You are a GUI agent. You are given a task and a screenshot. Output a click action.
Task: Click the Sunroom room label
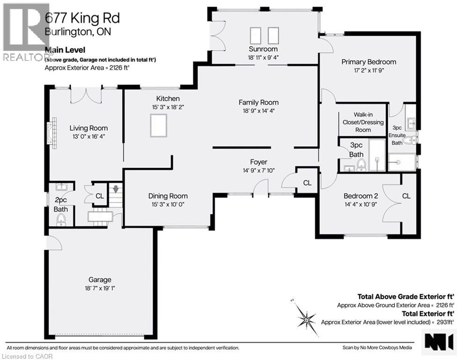[263, 49]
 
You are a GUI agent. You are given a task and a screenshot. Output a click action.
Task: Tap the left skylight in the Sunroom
[256, 35]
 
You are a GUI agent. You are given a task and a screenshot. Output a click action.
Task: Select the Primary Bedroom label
[369, 62]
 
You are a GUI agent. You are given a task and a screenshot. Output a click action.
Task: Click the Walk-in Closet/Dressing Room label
[362, 122]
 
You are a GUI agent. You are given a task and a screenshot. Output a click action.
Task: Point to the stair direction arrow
[115, 190]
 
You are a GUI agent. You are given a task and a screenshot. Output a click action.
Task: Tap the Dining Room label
[168, 196]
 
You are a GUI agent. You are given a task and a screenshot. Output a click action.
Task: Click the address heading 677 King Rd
[82, 18]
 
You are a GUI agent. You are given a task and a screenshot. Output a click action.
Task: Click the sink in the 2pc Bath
[61, 187]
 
